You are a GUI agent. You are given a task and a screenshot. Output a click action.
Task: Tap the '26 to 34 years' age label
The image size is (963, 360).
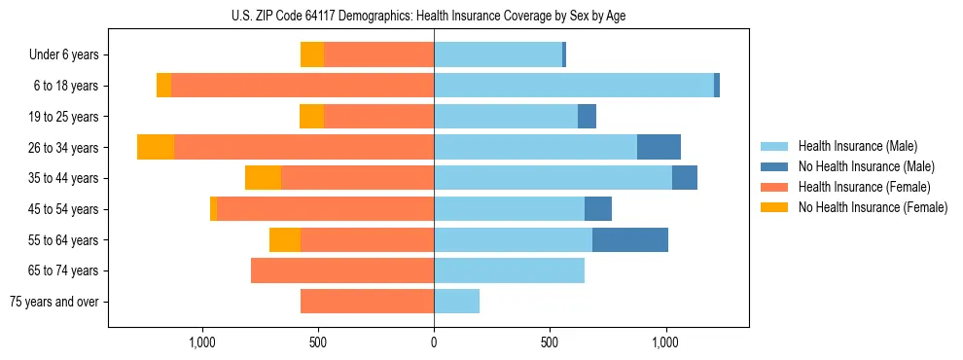pyautogui.click(x=63, y=147)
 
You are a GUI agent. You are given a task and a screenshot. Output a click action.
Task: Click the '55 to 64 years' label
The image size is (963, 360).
pyautogui.click(x=63, y=239)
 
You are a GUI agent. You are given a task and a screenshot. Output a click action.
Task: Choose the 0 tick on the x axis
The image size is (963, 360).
pyautogui.click(x=434, y=342)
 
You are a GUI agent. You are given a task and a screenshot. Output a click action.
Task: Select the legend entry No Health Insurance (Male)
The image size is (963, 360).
pyautogui.click(x=865, y=166)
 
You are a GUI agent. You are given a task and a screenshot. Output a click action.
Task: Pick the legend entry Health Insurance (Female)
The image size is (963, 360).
pyautogui.click(x=865, y=187)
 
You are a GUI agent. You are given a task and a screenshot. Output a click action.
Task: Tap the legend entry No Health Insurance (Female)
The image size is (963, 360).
pyautogui.click(x=872, y=207)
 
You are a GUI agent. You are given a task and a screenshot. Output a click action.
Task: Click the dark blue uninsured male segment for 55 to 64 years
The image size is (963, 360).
pyautogui.click(x=630, y=239)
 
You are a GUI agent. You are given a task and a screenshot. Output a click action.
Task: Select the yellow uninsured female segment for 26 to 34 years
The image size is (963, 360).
pyautogui.click(x=156, y=147)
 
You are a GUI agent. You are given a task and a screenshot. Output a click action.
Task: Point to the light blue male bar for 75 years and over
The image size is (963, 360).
pyautogui.click(x=456, y=302)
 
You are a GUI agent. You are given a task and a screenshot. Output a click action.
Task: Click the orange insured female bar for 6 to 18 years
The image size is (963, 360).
pyautogui.click(x=303, y=86)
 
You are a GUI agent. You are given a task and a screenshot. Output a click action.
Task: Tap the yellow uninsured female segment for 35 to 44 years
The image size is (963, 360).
pyautogui.click(x=263, y=178)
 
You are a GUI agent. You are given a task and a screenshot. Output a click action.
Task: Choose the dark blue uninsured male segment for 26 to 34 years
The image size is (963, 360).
pyautogui.click(x=659, y=147)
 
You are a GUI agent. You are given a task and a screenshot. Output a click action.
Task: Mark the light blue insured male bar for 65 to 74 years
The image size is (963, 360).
pyautogui.click(x=509, y=270)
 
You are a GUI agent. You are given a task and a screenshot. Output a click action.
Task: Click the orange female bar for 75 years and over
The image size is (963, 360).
pyautogui.click(x=367, y=302)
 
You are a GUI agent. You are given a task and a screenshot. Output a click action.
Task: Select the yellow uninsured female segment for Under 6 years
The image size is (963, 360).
pyautogui.click(x=312, y=54)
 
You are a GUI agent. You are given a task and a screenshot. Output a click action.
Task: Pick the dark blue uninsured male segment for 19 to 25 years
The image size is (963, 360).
pyautogui.click(x=587, y=117)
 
